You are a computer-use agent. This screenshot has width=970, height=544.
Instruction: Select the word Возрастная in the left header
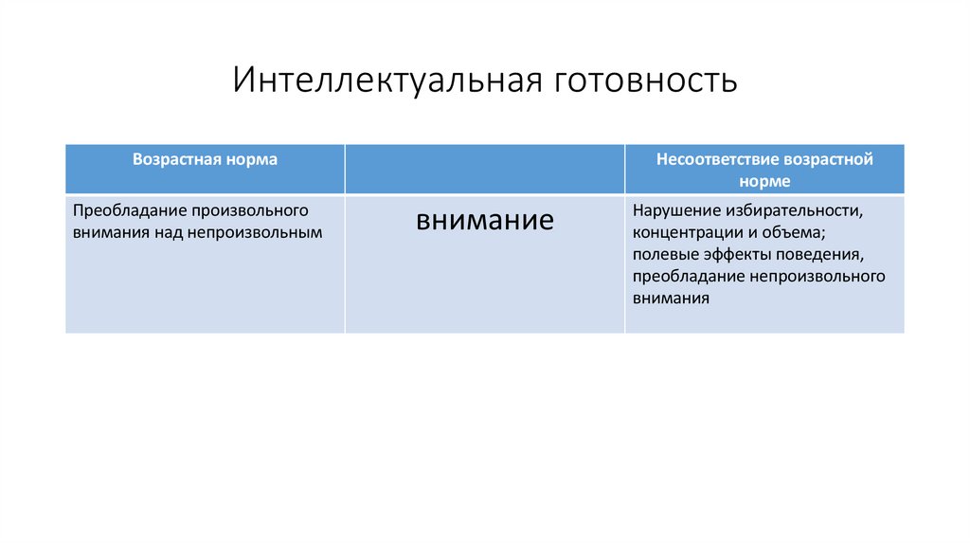(171, 159)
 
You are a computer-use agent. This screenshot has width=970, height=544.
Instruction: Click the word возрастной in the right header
(828, 159)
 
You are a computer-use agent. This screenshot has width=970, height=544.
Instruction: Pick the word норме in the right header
(764, 180)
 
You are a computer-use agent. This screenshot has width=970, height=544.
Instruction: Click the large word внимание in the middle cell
(484, 220)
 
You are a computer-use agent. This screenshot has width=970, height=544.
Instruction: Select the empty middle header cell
(484, 169)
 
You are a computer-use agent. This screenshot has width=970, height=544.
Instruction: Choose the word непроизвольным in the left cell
(275, 230)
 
